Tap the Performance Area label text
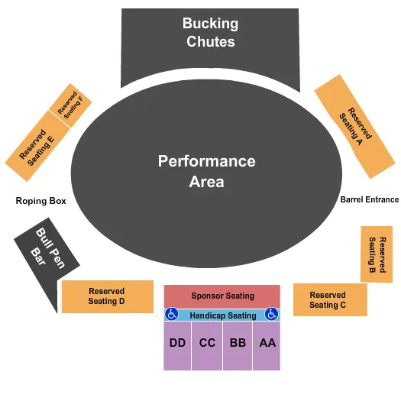coord(206,171)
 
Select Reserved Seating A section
coord(354,126)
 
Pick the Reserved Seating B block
coord(377,254)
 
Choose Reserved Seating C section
coord(329,300)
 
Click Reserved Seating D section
coord(106,296)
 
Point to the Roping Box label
coord(40,202)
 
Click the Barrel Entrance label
coord(369,200)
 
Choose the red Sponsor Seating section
coord(222,296)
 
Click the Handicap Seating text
coord(222,315)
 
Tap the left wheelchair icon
coord(172,314)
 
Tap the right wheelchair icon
coord(271,314)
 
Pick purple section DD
coord(177,344)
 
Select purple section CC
coord(207,344)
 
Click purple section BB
coord(238,344)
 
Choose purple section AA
coord(267,344)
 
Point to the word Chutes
coord(210,42)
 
